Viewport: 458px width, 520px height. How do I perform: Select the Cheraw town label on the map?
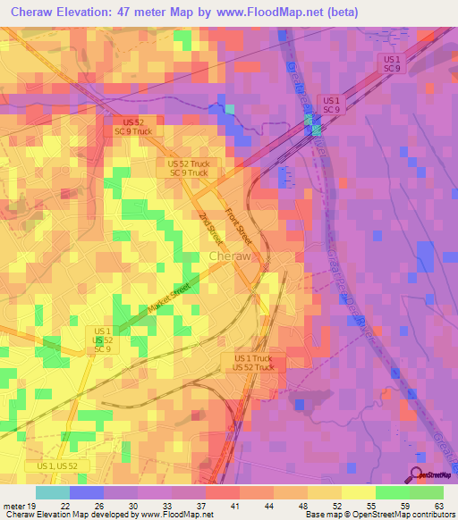click(x=229, y=256)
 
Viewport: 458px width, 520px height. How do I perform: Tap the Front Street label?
click(x=239, y=227)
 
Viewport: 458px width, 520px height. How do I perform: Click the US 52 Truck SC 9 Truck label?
click(x=188, y=168)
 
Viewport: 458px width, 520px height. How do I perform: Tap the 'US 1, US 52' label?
click(x=64, y=466)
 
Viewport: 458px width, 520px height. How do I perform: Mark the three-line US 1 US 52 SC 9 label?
click(x=103, y=340)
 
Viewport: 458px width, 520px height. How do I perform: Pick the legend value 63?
click(x=438, y=505)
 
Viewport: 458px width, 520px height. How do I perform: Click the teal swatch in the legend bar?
click(x=52, y=492)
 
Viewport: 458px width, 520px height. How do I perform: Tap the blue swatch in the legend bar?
click(x=86, y=492)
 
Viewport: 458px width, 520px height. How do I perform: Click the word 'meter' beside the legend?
click(x=13, y=505)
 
